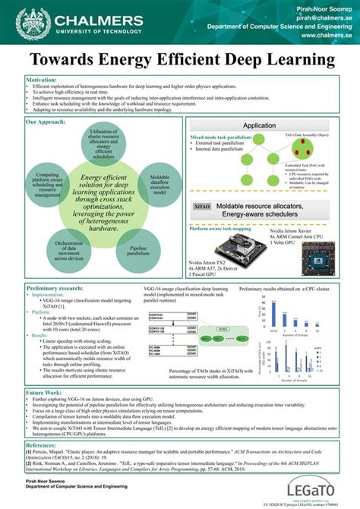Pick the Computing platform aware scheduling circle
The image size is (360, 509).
48,182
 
